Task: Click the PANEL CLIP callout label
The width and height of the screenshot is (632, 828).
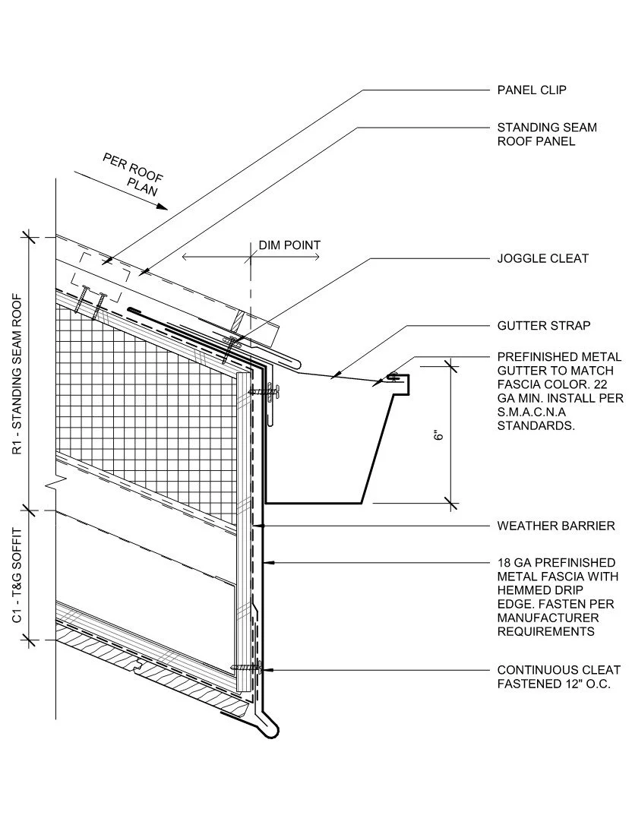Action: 532,90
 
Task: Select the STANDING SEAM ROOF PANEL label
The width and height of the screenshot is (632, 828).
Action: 547,134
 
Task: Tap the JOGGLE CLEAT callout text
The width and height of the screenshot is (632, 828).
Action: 542,259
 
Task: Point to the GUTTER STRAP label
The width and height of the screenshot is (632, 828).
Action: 543,326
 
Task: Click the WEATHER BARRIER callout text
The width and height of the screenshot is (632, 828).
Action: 556,526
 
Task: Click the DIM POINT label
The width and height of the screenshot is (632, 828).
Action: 289,245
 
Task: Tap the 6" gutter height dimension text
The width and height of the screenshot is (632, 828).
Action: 438,438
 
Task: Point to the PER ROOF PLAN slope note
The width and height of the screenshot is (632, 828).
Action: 134,174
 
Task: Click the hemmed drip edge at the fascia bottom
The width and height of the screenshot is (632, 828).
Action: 272,731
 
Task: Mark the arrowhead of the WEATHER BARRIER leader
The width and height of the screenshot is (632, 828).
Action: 259,526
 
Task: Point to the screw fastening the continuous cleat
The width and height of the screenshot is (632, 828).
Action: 245,668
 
